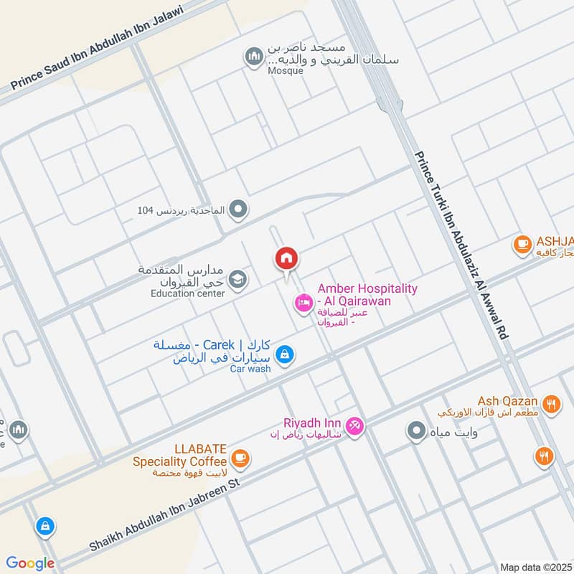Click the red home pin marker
[286, 259]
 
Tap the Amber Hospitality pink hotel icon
[303, 304]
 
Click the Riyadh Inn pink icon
[354, 426]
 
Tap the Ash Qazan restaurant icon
[551, 405]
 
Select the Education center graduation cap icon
[239, 280]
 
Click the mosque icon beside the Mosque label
[253, 57]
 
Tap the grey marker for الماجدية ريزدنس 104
[240, 210]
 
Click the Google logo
[30, 563]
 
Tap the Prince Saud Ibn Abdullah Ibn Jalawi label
[98, 48]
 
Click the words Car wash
[250, 369]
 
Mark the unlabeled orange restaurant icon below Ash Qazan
[544, 456]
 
